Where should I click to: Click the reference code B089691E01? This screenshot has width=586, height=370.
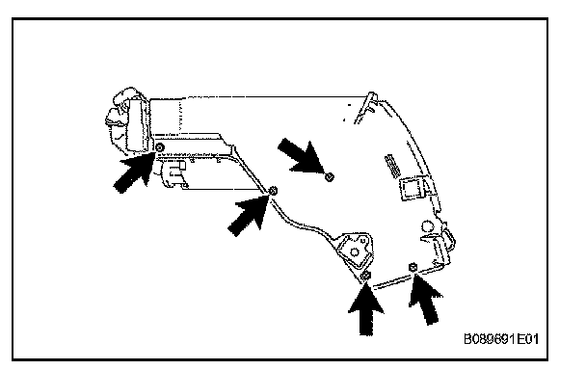(501, 339)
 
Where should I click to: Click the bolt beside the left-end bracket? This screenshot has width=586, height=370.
(160, 147)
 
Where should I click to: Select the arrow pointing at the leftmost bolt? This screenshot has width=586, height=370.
(134, 172)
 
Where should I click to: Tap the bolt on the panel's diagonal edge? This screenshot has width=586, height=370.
(273, 191)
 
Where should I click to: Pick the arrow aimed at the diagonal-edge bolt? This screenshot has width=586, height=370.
(249, 215)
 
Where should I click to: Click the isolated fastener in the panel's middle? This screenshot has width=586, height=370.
(329, 176)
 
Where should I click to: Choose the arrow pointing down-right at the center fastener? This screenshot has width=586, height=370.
(302, 156)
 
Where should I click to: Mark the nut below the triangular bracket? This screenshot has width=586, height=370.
(366, 277)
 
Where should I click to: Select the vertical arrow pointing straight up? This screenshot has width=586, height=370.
(366, 308)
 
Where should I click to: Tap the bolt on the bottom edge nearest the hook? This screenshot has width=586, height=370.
(413, 267)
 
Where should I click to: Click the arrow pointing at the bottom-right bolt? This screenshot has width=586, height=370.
(426, 299)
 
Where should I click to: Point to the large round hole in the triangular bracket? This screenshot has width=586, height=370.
(354, 252)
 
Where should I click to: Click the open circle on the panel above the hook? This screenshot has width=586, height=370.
(426, 226)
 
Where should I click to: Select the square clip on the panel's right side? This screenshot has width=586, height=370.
(412, 188)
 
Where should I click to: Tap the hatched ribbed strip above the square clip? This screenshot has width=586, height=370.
(393, 167)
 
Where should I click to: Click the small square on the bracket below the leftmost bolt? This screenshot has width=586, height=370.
(181, 165)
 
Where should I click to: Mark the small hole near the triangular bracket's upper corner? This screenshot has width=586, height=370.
(363, 240)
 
